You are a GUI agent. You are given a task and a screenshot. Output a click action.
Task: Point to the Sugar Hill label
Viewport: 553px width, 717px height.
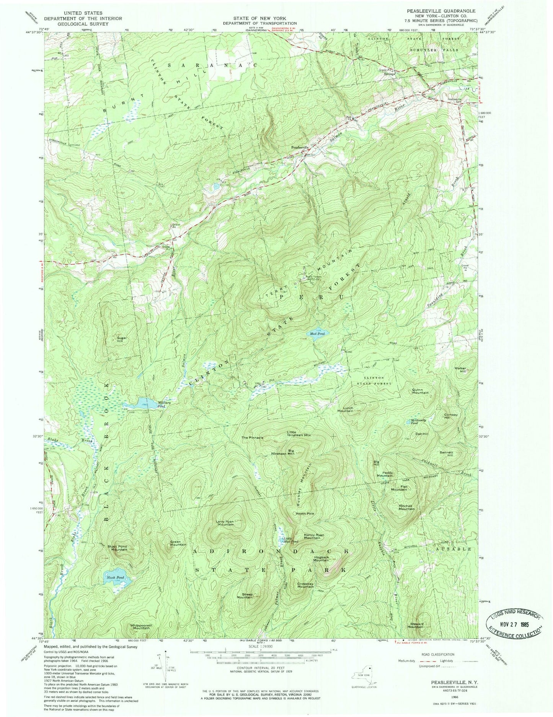(122, 340)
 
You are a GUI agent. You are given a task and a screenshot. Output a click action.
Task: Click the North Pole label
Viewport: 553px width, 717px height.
(305, 513)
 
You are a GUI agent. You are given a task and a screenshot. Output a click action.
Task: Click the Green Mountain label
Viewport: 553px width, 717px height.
(178, 543)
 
